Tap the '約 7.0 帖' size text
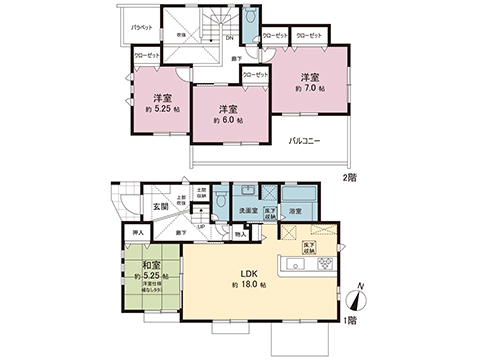308,88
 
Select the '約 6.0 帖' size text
229,121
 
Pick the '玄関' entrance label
162,207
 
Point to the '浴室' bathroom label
297,211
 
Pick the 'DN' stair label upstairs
229,39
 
